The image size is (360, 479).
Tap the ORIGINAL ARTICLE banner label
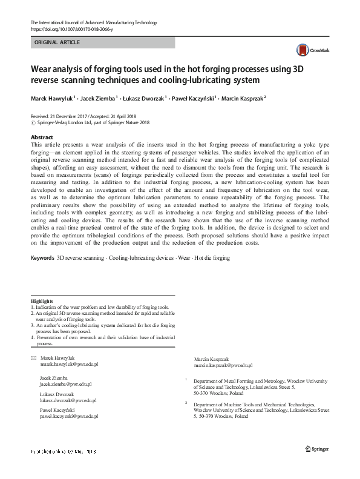[57, 42]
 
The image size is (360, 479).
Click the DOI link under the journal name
[73, 29]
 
